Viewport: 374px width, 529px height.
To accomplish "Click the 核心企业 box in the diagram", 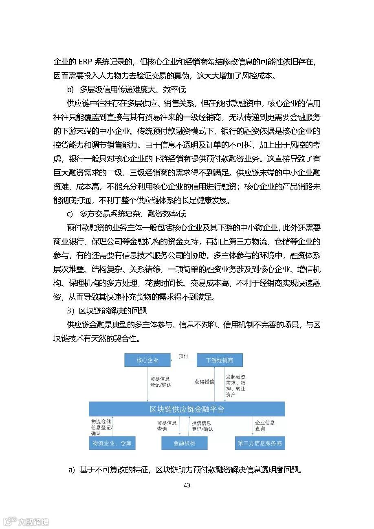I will [147, 360].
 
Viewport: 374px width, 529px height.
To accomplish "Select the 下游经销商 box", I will [220, 360].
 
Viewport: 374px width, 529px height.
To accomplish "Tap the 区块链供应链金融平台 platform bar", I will [187, 409].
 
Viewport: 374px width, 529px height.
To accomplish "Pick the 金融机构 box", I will [184, 443].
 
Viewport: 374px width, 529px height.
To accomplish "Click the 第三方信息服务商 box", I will [260, 443].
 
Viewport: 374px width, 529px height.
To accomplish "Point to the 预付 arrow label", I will [183, 356].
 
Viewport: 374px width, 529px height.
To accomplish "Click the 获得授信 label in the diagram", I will [204, 382].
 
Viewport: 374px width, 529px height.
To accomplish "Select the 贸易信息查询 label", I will [167, 426].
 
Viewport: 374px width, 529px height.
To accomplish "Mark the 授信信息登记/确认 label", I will [202, 426].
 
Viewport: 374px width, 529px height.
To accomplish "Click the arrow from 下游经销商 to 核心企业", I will [183, 361].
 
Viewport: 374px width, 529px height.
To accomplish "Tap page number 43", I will [187, 485].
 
